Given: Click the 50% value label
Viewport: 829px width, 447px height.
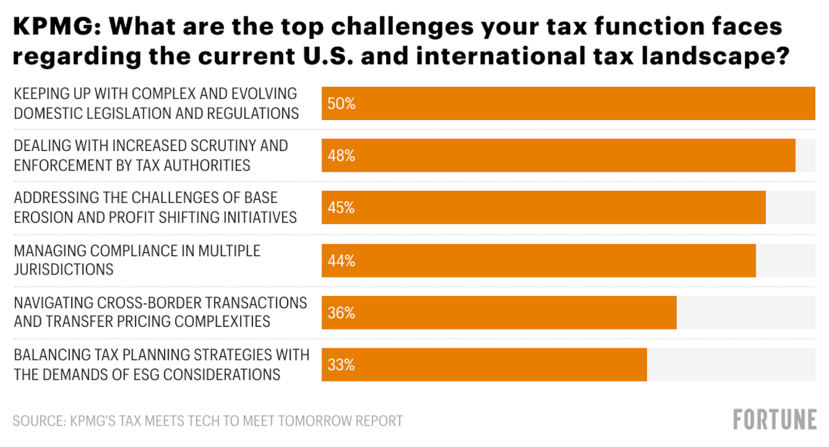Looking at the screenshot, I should [x=341, y=104].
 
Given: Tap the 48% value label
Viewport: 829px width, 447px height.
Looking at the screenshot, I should [x=341, y=156].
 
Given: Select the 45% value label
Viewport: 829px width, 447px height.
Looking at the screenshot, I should [x=341, y=208].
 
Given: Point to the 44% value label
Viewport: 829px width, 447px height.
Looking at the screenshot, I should [x=341, y=261].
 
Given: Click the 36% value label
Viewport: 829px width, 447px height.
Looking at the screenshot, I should [x=341, y=313].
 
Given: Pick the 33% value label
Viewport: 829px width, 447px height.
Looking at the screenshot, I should [x=341, y=365].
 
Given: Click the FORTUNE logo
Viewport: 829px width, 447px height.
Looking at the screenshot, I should [x=775, y=419].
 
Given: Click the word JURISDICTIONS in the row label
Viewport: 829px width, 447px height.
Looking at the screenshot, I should [x=64, y=270].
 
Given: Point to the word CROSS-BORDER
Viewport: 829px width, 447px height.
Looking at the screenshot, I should [x=152, y=303].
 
